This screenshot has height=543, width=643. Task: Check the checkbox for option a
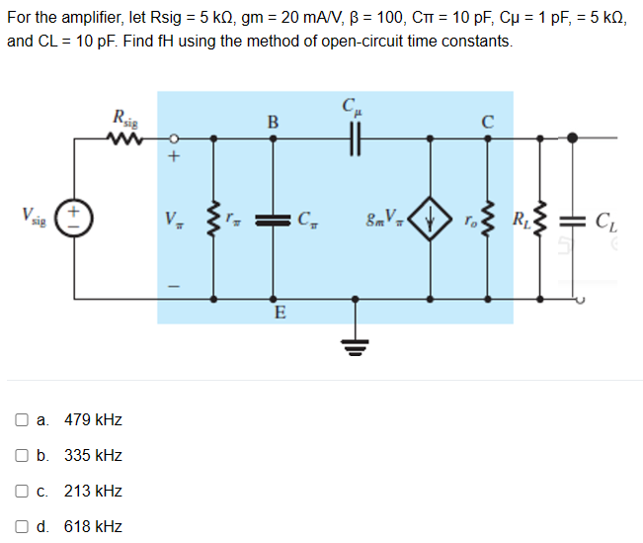click(22, 420)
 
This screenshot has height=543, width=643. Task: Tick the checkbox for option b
click(22, 456)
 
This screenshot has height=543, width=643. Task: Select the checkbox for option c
click(22, 492)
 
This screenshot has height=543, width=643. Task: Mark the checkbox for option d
click(22, 527)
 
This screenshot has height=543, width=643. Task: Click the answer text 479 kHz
click(93, 420)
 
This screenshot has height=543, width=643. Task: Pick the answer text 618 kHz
click(93, 527)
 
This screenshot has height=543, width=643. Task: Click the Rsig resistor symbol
click(125, 139)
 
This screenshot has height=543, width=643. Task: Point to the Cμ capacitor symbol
click(350, 139)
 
